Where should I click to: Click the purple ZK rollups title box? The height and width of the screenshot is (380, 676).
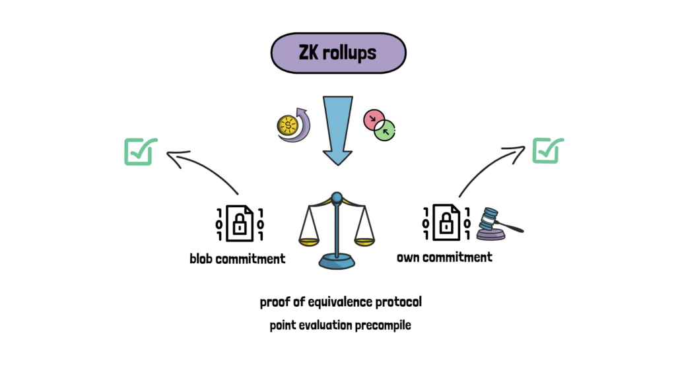338,53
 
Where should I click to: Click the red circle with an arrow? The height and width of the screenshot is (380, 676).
374,119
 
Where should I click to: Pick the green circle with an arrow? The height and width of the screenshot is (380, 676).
385,130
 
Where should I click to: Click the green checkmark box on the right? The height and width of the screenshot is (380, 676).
547,150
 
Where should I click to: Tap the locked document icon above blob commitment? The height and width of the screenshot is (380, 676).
240,223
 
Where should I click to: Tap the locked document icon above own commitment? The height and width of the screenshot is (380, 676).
446,222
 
